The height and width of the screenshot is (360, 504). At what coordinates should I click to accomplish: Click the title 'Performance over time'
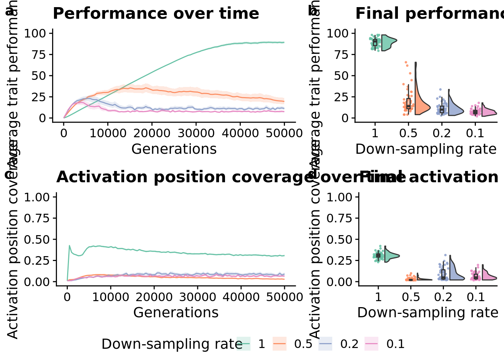tap(156, 14)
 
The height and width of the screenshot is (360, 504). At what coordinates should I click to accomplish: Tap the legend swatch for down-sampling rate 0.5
tap(279, 344)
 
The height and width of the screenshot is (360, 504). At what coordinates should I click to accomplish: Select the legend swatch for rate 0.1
tap(371, 344)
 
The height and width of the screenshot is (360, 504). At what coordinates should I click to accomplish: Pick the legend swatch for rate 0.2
tap(325, 344)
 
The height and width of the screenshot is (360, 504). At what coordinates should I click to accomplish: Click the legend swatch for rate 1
tap(243, 344)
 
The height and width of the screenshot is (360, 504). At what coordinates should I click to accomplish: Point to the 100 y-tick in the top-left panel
tap(35, 33)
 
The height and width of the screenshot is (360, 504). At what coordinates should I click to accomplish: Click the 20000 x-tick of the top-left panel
tap(152, 133)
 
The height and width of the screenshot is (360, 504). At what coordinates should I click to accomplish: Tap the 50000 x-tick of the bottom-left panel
tap(284, 297)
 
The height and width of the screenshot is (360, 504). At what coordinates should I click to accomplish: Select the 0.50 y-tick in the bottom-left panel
tap(37, 239)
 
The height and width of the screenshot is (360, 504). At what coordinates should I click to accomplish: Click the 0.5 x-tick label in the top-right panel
tap(408, 133)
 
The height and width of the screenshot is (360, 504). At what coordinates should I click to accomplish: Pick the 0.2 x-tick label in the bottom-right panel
tap(443, 297)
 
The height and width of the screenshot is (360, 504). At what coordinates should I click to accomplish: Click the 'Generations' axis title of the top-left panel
tap(174, 149)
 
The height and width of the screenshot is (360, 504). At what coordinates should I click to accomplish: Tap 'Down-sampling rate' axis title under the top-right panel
tap(426, 149)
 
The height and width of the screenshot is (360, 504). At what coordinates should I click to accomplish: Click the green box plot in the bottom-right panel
tap(378, 255)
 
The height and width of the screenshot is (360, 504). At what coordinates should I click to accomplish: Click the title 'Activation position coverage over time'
tap(231, 177)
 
